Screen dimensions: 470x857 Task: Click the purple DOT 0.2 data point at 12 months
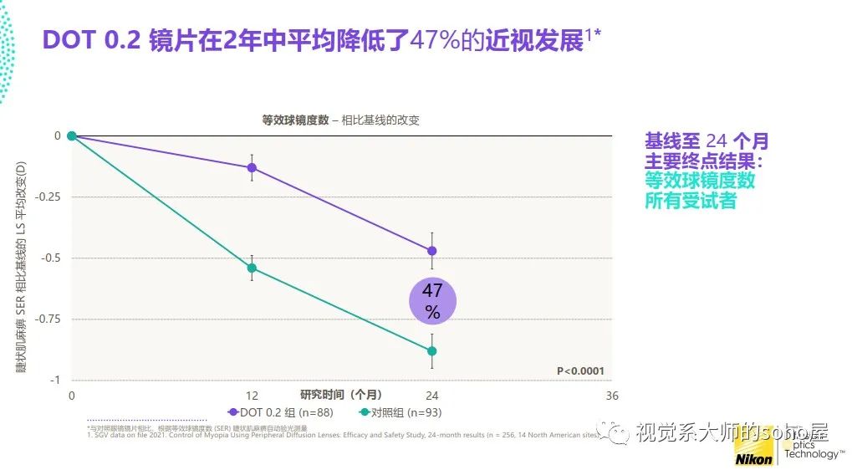pyautogui.click(x=252, y=167)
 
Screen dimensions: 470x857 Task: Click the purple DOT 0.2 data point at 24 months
pyautogui.click(x=432, y=250)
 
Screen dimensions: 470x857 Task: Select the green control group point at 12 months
pyautogui.click(x=252, y=268)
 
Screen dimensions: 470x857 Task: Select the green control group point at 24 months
pyautogui.click(x=432, y=351)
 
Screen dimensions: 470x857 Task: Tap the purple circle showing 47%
pyautogui.click(x=432, y=301)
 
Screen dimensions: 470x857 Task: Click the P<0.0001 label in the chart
pyautogui.click(x=580, y=371)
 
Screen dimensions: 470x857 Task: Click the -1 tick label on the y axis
pyautogui.click(x=55, y=380)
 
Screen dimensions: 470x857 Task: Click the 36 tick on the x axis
pyautogui.click(x=612, y=396)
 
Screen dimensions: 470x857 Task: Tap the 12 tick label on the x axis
pyautogui.click(x=252, y=396)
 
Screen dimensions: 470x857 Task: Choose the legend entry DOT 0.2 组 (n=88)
pyautogui.click(x=280, y=412)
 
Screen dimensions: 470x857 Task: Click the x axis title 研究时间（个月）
pyautogui.click(x=341, y=394)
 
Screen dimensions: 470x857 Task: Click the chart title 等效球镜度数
pyautogui.click(x=296, y=120)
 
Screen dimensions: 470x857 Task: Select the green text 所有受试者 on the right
pyautogui.click(x=690, y=201)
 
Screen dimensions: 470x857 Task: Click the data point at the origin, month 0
pyautogui.click(x=72, y=135)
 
